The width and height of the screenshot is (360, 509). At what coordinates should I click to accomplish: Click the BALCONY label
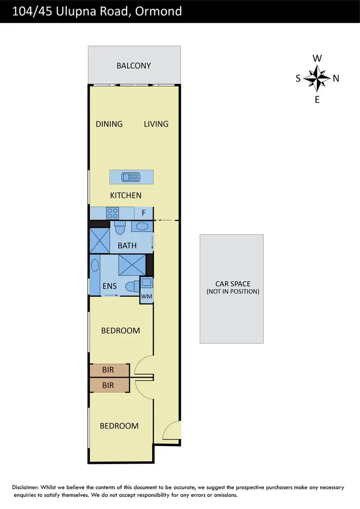(x=133, y=66)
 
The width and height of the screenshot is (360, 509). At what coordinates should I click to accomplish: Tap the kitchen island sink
(x=131, y=178)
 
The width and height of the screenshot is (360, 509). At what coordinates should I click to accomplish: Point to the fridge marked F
(x=143, y=213)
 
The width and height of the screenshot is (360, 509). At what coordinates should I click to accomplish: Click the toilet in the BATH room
(x=120, y=227)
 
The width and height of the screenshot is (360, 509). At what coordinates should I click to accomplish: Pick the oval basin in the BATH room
(x=141, y=227)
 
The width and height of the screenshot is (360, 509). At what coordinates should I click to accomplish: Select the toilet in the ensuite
(x=130, y=287)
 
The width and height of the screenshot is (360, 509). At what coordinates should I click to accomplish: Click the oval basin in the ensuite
(x=95, y=267)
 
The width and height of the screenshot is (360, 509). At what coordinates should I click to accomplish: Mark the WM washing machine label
(x=146, y=296)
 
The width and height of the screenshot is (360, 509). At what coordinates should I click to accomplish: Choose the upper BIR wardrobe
(x=109, y=370)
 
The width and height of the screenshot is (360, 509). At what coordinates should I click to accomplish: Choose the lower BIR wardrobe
(x=109, y=384)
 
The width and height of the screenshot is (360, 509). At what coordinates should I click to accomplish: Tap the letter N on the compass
(x=336, y=79)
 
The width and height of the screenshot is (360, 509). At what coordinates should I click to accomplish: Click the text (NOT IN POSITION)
(x=232, y=292)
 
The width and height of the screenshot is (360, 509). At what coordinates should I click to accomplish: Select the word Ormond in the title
(x=158, y=11)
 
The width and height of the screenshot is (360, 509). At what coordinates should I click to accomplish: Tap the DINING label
(x=109, y=124)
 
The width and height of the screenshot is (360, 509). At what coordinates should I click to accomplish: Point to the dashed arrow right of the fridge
(x=166, y=221)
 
